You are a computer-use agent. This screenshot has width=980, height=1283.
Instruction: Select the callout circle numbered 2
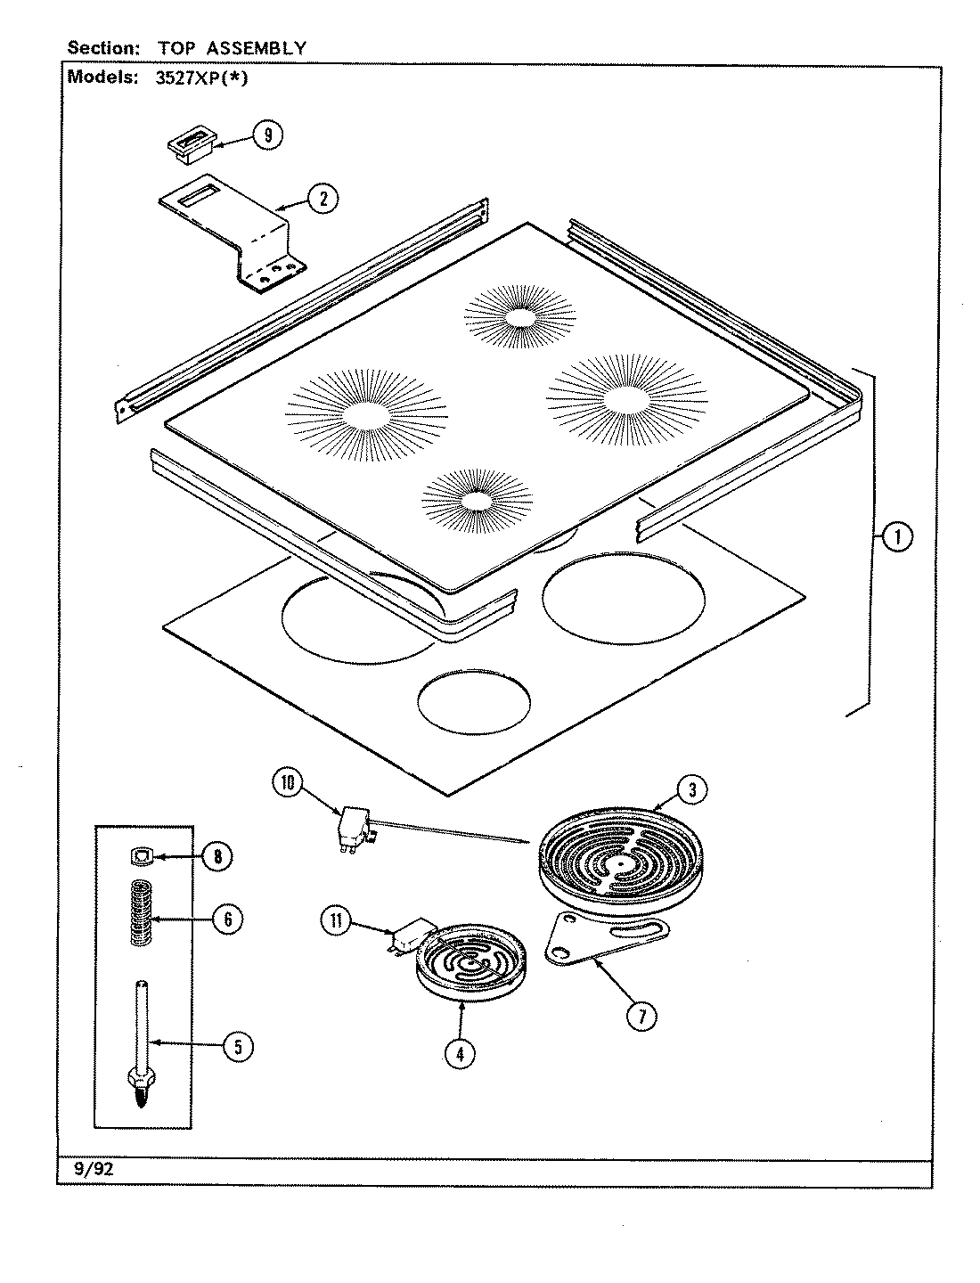[x=323, y=199]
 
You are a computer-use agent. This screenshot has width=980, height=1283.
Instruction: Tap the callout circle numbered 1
[x=897, y=537]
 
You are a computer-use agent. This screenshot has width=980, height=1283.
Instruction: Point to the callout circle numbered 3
[x=692, y=788]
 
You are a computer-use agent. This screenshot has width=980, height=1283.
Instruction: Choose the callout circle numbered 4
[x=460, y=1054]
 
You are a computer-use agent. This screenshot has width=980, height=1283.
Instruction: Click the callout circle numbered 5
[x=236, y=1047]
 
